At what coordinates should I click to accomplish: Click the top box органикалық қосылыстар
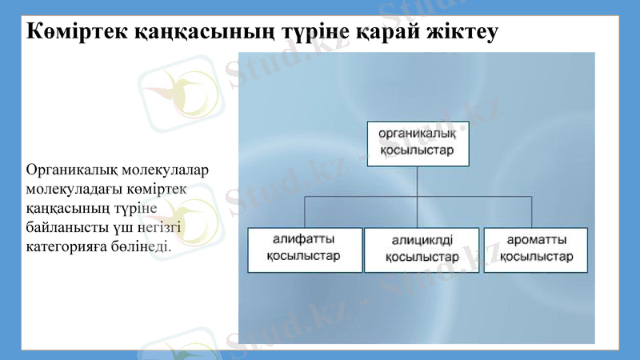[418, 143]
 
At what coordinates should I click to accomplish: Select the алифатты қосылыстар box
[305, 250]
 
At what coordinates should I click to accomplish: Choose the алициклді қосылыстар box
[422, 250]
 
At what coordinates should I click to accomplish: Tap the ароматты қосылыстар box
[535, 250]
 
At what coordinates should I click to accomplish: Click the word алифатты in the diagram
[304, 239]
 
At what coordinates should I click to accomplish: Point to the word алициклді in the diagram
[422, 240]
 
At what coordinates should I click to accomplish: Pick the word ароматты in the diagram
[538, 239]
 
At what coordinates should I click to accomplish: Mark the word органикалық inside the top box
[417, 134]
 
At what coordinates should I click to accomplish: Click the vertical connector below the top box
[418, 180]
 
